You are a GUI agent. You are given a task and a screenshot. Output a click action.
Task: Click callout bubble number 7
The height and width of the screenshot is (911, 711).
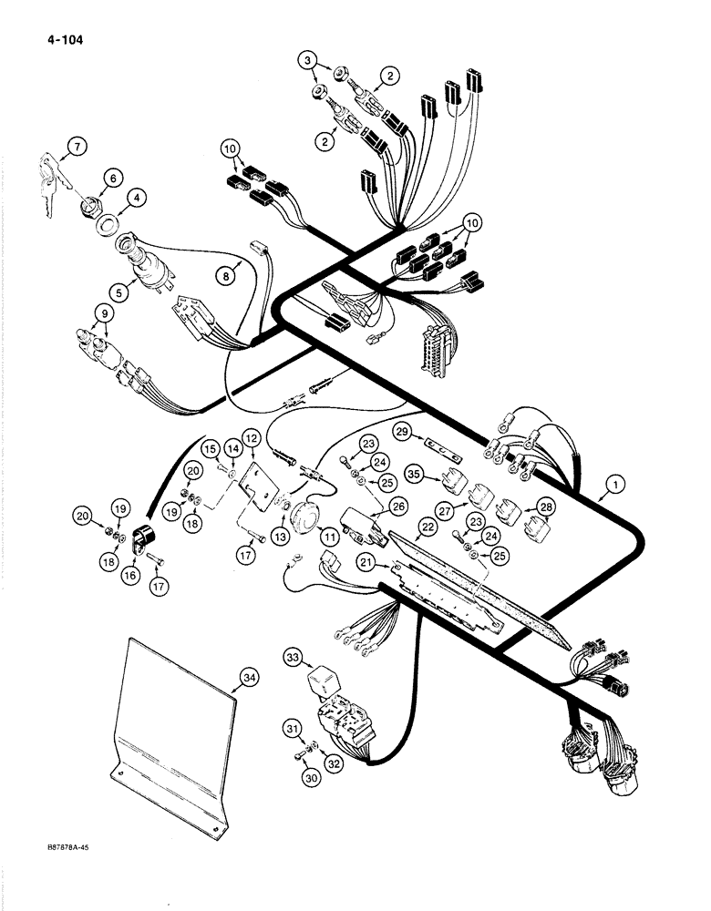pos(76,145)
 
